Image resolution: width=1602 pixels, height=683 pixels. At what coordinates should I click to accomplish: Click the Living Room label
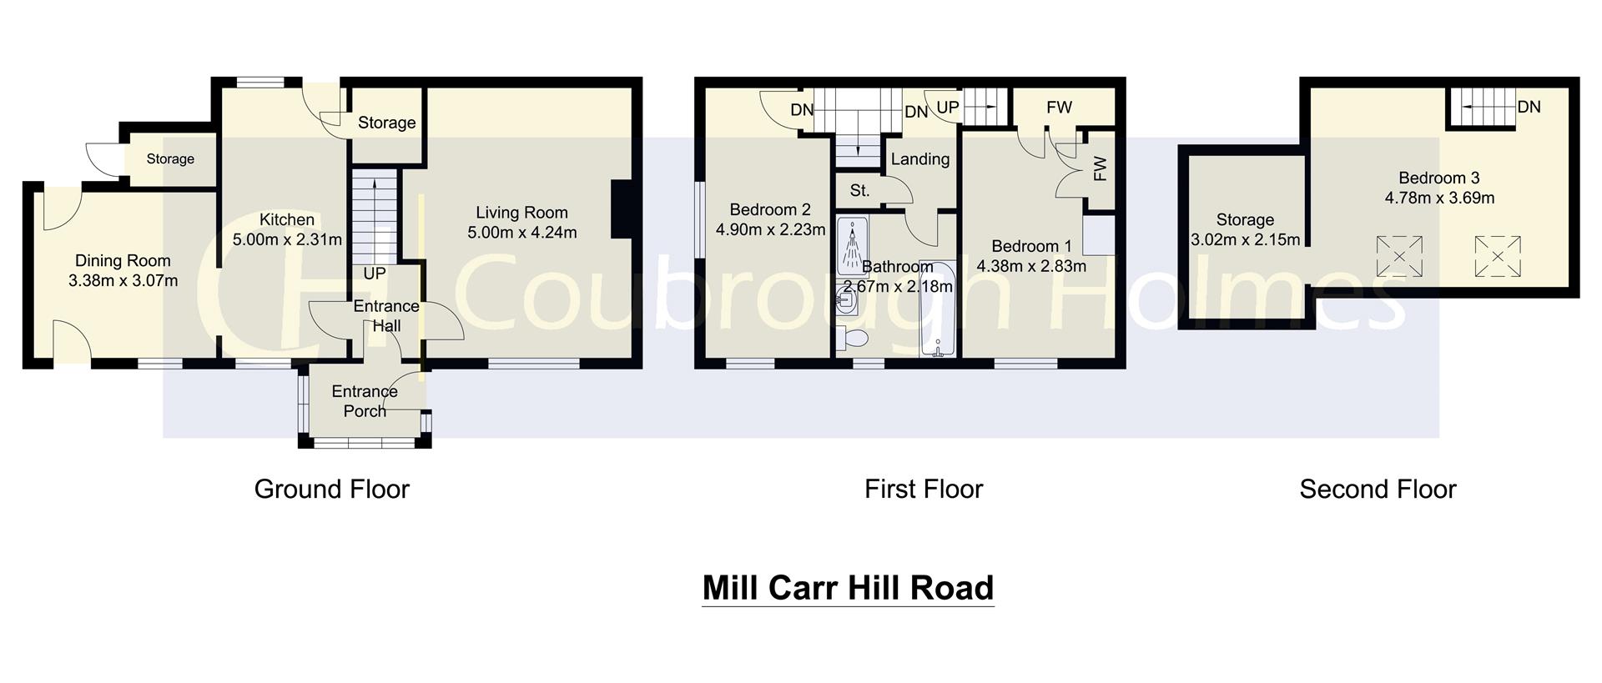521,213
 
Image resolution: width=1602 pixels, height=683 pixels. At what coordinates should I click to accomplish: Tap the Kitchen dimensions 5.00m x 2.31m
287,240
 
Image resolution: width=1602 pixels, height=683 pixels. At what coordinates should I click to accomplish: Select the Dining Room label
123,261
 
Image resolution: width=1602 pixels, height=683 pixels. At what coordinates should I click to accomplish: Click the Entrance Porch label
365,401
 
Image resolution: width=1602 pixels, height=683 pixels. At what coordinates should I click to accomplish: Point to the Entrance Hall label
386,316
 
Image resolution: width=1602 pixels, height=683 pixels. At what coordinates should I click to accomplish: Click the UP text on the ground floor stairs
375,274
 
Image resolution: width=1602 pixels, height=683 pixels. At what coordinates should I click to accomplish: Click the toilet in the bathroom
854,338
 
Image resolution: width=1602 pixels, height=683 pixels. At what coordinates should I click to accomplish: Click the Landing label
919,159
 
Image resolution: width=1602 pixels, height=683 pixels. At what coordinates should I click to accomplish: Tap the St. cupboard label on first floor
859,191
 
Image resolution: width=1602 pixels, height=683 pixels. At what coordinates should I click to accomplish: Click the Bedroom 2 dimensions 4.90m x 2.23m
770,230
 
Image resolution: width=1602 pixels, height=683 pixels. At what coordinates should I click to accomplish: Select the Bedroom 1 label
1031,247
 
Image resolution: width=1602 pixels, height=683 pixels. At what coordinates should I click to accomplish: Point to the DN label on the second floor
1529,107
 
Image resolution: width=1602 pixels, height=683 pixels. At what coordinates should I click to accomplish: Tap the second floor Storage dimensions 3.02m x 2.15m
1245,240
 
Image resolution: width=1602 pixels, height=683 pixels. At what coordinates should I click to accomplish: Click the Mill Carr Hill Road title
848,588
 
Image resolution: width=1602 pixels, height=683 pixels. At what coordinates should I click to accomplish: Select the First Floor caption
924,489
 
